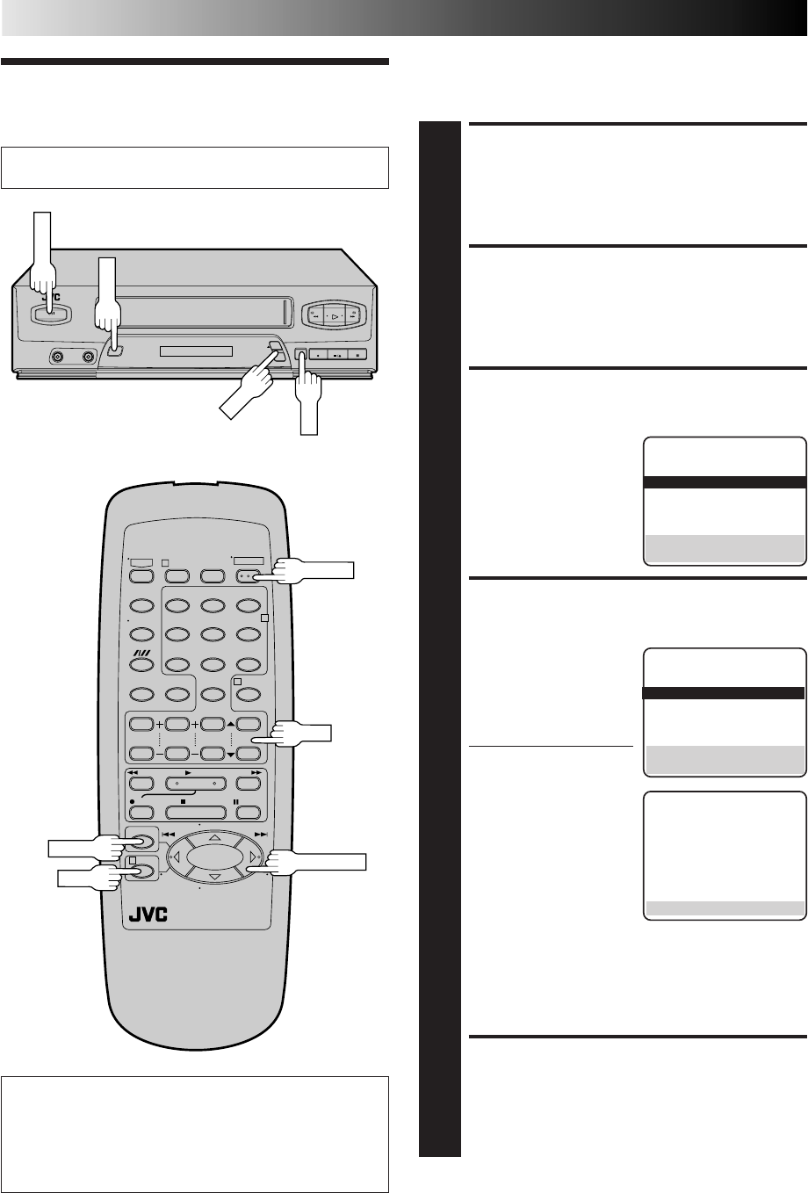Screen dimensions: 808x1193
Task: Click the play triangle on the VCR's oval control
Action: click(334, 315)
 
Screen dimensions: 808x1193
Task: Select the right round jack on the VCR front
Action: click(88, 358)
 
